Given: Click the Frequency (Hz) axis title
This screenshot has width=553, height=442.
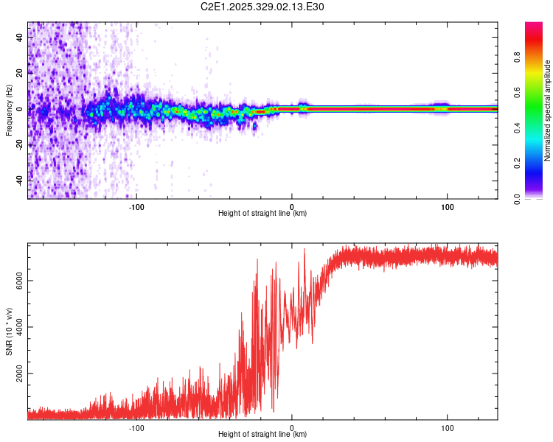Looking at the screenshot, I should click(x=9, y=110).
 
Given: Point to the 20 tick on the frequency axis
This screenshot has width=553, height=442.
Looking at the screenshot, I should click(x=19, y=74).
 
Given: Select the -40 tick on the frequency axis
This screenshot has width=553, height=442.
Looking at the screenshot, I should click(x=19, y=180).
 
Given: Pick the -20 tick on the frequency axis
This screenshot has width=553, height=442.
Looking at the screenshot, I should click(x=19, y=144).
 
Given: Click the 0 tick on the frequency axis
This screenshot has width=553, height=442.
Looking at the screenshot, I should click(x=19, y=109).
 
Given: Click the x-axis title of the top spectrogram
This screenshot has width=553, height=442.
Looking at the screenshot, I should click(x=262, y=214).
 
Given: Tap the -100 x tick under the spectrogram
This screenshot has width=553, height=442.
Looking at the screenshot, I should click(x=136, y=206).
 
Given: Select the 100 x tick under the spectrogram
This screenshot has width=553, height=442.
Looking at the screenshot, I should click(x=447, y=206).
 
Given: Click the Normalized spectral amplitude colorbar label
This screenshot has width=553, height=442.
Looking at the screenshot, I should click(x=548, y=110).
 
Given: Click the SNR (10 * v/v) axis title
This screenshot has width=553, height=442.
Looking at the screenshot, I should click(x=9, y=331).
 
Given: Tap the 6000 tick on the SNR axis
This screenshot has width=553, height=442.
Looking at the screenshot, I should click(x=19, y=281).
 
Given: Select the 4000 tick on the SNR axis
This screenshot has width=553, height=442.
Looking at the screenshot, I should click(x=19, y=327).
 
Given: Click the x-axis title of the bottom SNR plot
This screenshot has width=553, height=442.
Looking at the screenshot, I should click(x=262, y=435).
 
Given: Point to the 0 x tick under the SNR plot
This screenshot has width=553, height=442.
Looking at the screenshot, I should click(x=292, y=427).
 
